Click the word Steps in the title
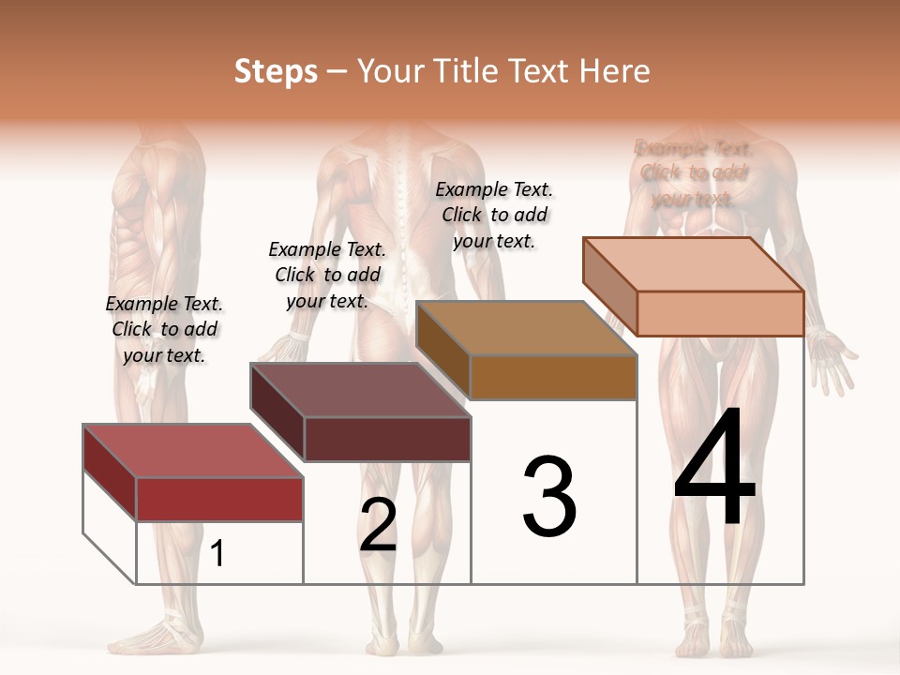pyautogui.click(x=276, y=71)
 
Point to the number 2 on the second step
pyautogui.click(x=379, y=525)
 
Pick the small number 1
pyautogui.click(x=217, y=553)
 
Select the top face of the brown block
pyautogui.click(x=526, y=328)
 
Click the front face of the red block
pyautogui.click(x=219, y=499)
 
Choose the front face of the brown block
pyautogui.click(x=553, y=377)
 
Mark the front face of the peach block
pyautogui.click(x=720, y=313)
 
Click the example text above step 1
pyautogui.click(x=164, y=329)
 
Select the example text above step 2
pyautogui.click(x=327, y=275)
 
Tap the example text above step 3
pyautogui.click(x=494, y=215)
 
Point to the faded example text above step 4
pyautogui.click(x=694, y=172)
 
